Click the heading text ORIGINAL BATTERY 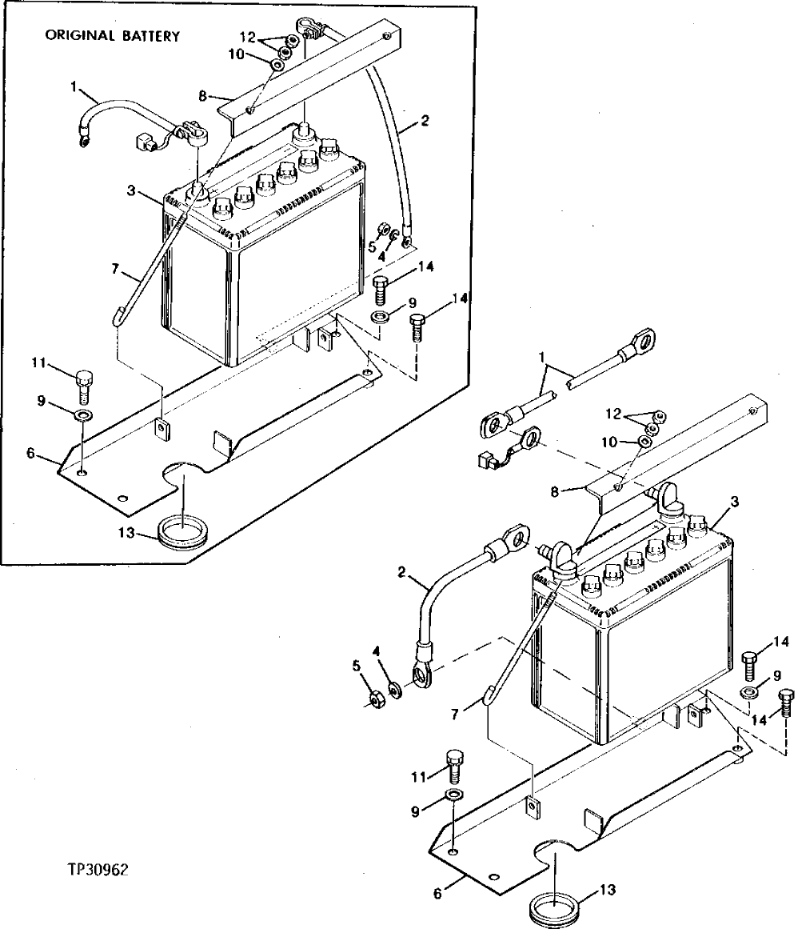pyautogui.click(x=113, y=36)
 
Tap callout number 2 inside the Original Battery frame pyautogui.click(x=425, y=121)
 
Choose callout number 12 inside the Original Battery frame pyautogui.click(x=248, y=35)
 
